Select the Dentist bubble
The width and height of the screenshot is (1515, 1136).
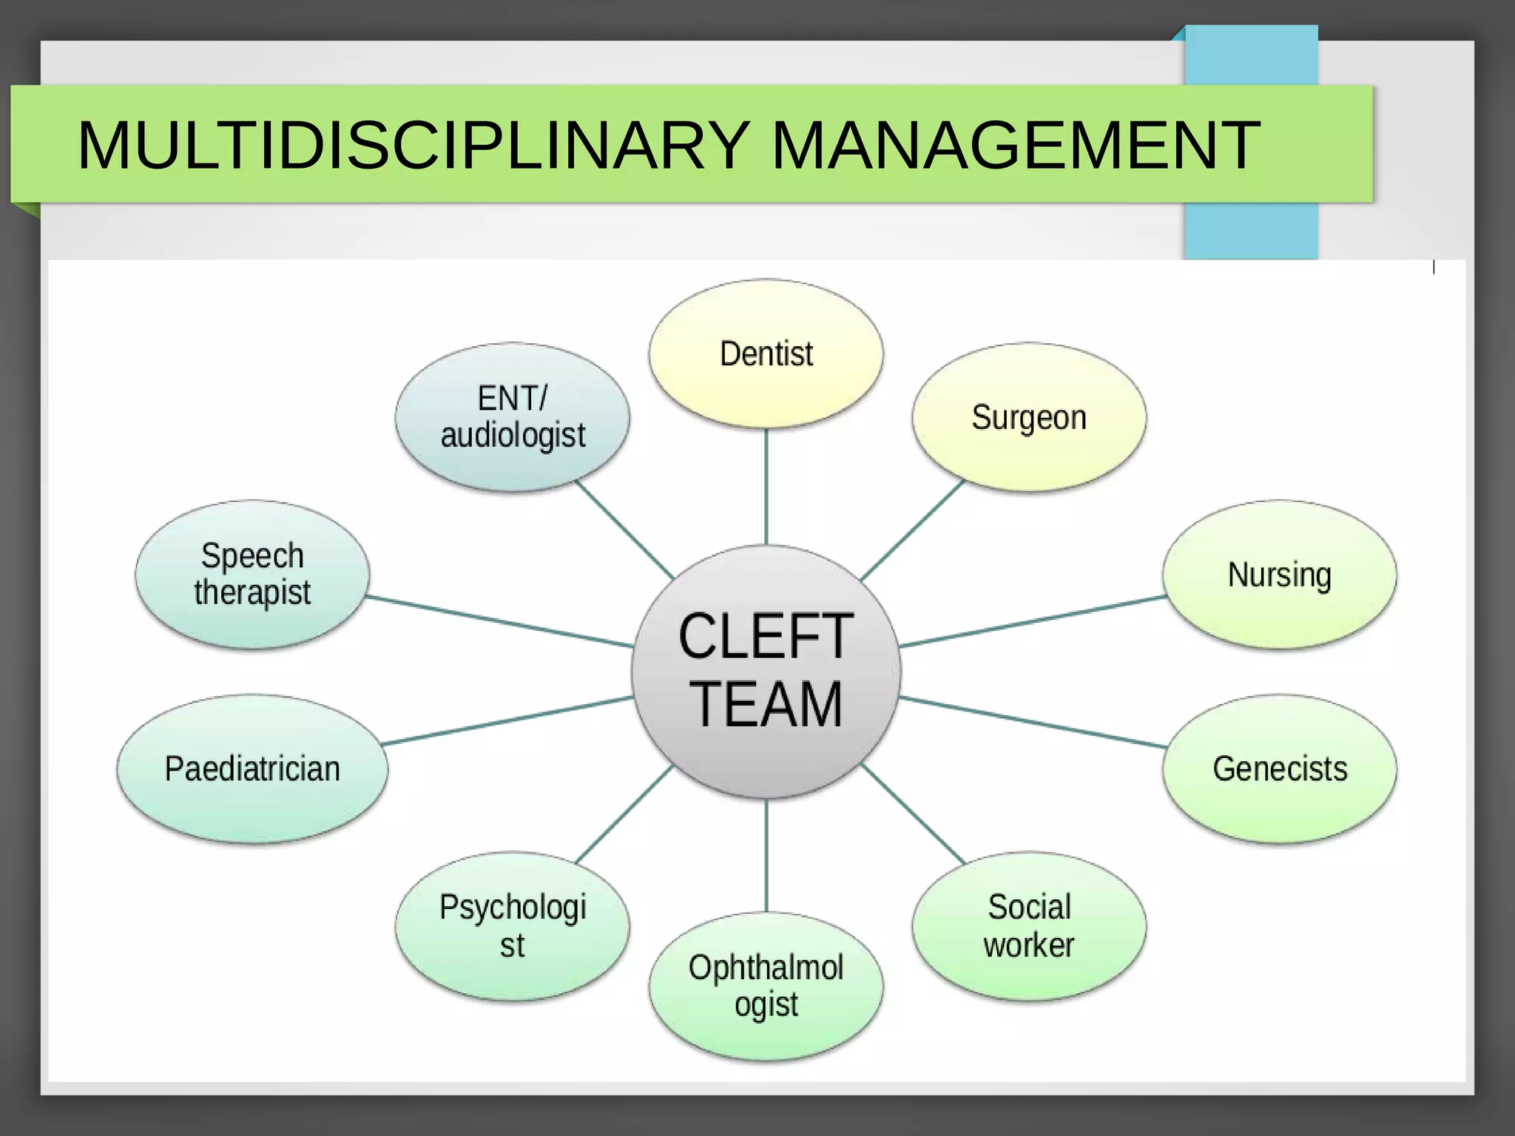(766, 354)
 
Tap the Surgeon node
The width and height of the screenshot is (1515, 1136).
(1029, 417)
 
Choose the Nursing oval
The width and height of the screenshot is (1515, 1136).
(1280, 575)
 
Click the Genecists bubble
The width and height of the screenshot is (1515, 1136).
(1280, 768)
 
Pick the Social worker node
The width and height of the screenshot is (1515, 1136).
(1029, 926)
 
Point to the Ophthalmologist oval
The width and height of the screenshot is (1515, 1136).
(766, 987)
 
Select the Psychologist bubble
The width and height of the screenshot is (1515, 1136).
(513, 926)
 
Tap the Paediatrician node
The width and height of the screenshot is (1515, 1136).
(252, 768)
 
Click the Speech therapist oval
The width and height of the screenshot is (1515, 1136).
(252, 575)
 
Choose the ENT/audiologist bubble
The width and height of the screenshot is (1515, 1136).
(513, 417)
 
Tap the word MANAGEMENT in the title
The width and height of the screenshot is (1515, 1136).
(1015, 145)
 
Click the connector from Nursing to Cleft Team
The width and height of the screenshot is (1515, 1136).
(1033, 621)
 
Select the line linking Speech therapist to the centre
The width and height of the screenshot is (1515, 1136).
(500, 621)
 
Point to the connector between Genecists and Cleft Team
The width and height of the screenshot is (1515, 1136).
(1033, 723)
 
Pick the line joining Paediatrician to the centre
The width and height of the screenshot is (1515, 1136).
(507, 720)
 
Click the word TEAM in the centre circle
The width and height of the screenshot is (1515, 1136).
(766, 705)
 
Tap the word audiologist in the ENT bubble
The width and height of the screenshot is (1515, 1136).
(513, 436)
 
